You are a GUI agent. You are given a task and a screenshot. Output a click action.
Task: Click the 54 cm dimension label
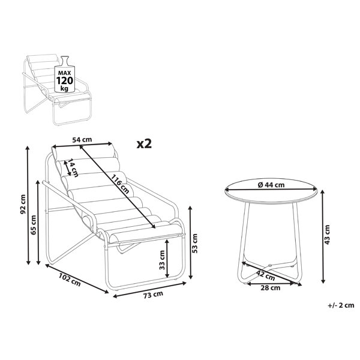pos(82,140)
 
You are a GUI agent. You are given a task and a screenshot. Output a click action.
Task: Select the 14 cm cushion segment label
pos(73,168)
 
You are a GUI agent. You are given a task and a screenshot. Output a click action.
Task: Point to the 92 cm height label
pos(23,204)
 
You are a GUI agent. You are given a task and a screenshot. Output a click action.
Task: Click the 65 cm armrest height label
pos(34,225)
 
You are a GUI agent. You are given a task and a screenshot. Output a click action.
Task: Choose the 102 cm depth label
pos(70,280)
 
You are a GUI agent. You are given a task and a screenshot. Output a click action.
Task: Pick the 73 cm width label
pos(153,295)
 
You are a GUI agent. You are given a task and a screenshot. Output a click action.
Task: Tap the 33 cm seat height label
pos(162,260)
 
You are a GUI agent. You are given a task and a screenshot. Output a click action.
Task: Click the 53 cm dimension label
pos(194,244)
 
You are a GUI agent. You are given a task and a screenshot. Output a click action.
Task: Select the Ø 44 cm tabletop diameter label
pos(271,185)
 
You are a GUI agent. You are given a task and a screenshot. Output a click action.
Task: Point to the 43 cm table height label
pos(328,235)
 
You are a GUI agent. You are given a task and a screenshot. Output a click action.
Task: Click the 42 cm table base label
pos(266,275)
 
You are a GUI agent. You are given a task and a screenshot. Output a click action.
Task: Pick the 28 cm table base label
pos(271,287)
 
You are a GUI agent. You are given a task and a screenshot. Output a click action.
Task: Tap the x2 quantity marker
pos(144,144)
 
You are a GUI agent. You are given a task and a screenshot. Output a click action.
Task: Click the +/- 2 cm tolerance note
pos(341,305)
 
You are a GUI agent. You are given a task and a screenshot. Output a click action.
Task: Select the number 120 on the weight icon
pos(65,80)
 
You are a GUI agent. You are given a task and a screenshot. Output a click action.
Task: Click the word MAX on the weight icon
pos(65,73)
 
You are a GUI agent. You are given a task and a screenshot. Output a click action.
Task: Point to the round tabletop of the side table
pos(271,191)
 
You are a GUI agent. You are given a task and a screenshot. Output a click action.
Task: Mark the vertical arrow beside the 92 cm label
pos(28,205)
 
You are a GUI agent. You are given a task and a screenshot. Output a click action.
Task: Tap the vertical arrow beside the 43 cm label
pos(323,236)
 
